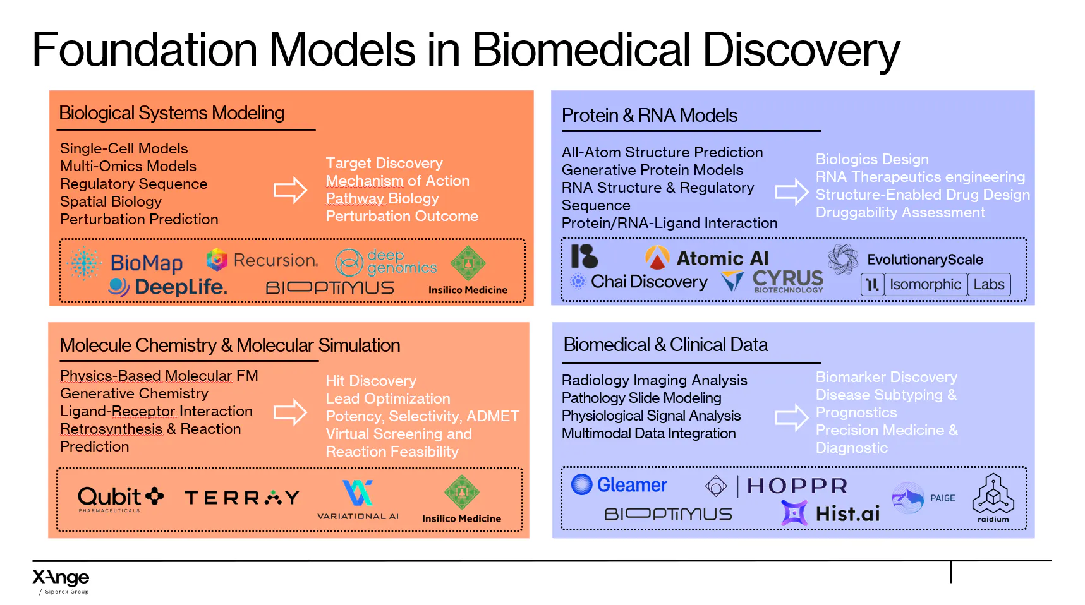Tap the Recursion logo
pos(262,260)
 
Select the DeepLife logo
pos(168,287)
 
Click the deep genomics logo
pos(385,262)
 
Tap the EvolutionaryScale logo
pos(906,260)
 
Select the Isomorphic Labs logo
pos(936,284)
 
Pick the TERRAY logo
pos(242,498)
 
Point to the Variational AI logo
pos(358,500)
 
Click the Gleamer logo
pos(619,485)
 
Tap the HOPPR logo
pos(777,486)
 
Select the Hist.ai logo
pos(830,513)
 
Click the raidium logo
pos(993,498)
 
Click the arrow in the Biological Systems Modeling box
pos(290,190)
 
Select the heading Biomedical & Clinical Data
pos(665,345)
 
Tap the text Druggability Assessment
pos(900,213)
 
